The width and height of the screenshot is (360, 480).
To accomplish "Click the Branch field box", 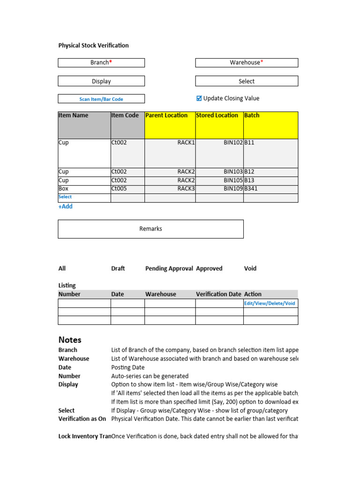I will pyautogui.click(x=101, y=63).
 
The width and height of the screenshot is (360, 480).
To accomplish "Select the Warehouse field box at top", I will pyautogui.click(x=246, y=63).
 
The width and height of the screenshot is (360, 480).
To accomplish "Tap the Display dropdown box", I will pyautogui.click(x=101, y=82).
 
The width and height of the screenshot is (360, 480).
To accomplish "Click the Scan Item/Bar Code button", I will pyautogui.click(x=101, y=99).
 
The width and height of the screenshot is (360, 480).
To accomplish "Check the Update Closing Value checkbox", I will pyautogui.click(x=199, y=98).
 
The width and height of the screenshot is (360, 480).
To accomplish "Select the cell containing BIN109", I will pyautogui.click(x=219, y=189).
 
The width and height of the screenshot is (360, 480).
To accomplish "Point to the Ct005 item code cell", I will pyautogui.click(x=127, y=189).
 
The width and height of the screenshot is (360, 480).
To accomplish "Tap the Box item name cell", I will pyautogui.click(x=84, y=189).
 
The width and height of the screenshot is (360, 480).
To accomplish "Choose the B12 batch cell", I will pyautogui.click(x=270, y=172).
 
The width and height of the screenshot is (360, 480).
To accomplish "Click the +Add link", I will pyautogui.click(x=65, y=207).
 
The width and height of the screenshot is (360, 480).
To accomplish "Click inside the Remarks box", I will pyautogui.click(x=150, y=229).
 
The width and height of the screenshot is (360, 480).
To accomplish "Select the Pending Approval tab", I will pyautogui.click(x=169, y=269).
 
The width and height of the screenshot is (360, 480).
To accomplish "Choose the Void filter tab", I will pyautogui.click(x=250, y=269).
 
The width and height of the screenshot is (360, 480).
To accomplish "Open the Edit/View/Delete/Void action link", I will pyautogui.click(x=270, y=303).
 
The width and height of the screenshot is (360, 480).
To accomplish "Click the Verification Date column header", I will pyautogui.click(x=218, y=294).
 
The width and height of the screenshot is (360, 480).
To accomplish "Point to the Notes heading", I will pyautogui.click(x=70, y=340).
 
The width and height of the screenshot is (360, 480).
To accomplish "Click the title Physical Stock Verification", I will pyautogui.click(x=93, y=45).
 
